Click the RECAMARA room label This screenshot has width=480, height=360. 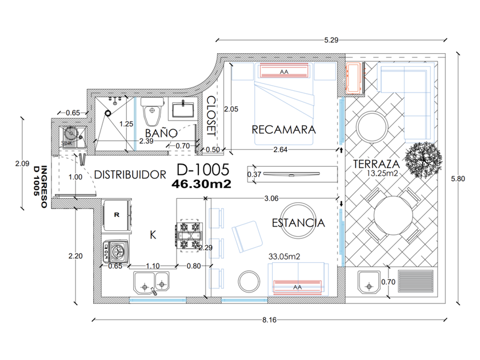point(283,130)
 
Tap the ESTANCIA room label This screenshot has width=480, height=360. point(298,222)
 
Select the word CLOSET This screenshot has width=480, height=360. point(211,116)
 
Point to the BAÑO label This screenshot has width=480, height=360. point(161,132)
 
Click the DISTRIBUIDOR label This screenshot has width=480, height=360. point(130,174)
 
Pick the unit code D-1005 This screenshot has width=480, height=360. point(203,169)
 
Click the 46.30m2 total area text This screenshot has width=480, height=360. point(201,184)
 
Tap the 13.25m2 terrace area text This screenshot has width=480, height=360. point(382,173)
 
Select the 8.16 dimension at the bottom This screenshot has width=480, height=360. point(269,320)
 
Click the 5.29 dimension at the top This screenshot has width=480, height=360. point(331,40)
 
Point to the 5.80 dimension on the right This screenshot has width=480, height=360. point(458,179)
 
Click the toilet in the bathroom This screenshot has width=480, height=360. point(153,111)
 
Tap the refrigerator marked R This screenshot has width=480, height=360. point(117,215)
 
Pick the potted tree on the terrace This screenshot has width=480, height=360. point(423,159)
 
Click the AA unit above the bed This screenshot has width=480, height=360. point(284,71)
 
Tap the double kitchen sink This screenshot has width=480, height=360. point(151,282)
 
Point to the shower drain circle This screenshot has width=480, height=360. point(108,113)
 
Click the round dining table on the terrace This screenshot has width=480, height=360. point(393,216)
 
